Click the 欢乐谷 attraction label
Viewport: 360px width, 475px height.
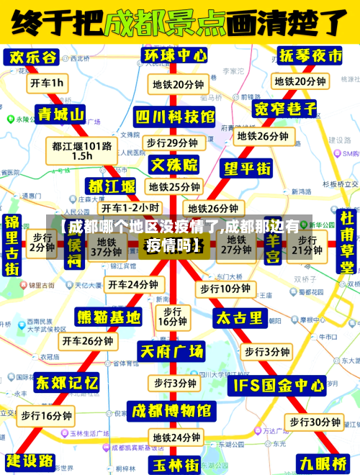32,57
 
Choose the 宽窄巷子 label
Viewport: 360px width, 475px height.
286,109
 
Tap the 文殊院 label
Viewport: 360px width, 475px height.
174,165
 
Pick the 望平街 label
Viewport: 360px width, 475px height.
247,168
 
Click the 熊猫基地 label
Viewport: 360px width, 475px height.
109,317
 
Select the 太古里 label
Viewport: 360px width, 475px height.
240,317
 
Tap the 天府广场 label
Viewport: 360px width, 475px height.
171,351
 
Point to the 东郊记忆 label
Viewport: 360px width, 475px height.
67,381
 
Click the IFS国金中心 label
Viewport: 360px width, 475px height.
276,385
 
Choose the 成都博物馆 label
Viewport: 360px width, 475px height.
171,411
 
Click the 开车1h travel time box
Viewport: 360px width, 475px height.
47,83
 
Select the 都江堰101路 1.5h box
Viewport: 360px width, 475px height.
81,150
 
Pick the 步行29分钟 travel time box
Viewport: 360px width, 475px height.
172,142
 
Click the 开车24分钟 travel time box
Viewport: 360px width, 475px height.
133,284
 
